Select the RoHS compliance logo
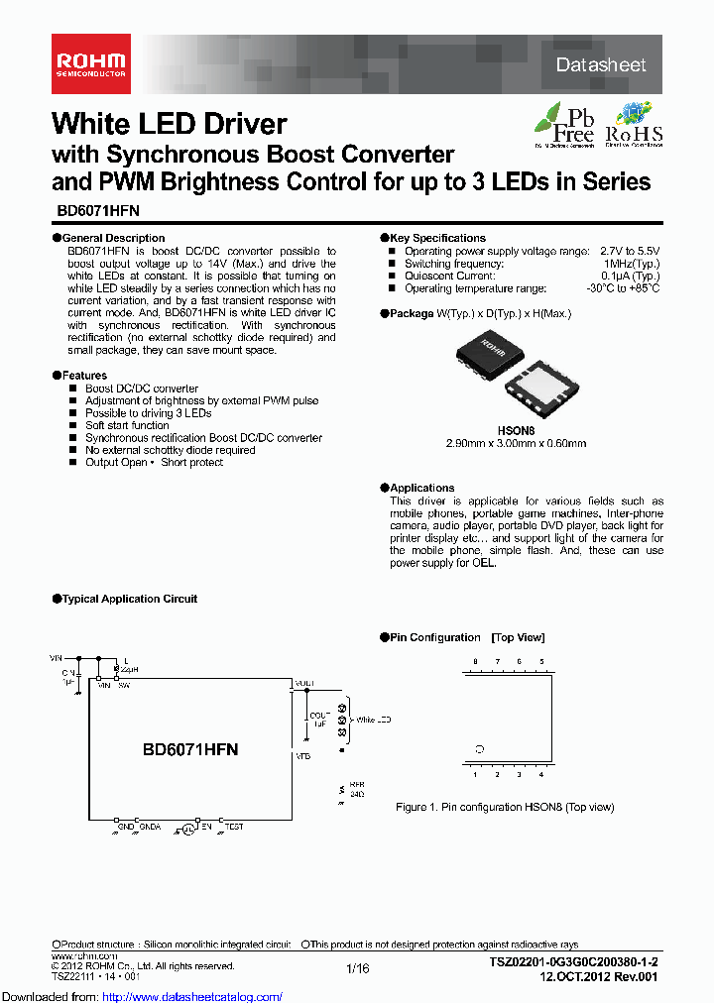(x=634, y=123)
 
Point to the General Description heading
(x=113, y=238)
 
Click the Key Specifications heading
(x=437, y=238)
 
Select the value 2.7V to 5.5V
(x=630, y=252)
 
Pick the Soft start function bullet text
(x=127, y=425)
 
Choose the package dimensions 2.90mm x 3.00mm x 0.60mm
(x=516, y=443)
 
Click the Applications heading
(x=421, y=488)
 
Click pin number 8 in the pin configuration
(x=475, y=660)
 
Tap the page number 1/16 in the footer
(x=358, y=967)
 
